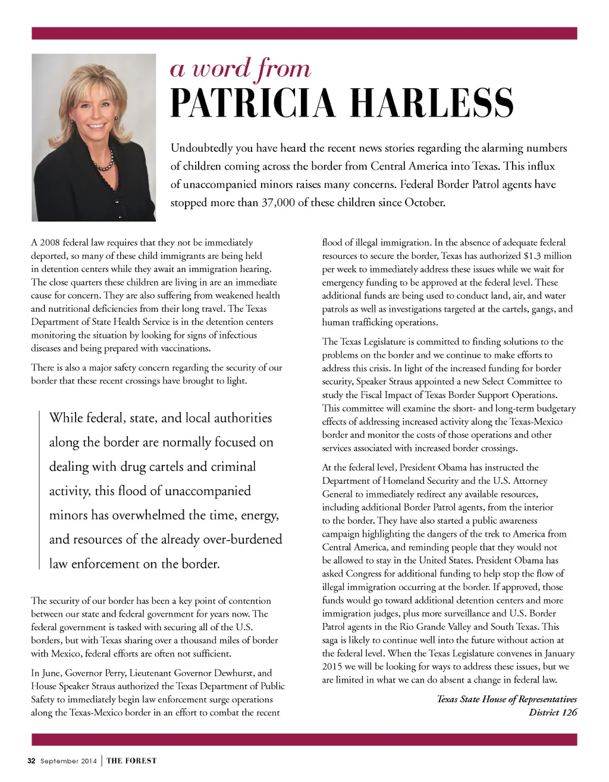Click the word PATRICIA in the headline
point(253,103)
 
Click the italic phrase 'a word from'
point(240,69)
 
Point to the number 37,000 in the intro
point(278,202)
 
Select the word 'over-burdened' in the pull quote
point(243,539)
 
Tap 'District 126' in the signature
point(553,712)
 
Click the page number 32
point(32,761)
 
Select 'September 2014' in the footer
point(68,761)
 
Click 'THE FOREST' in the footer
point(131,761)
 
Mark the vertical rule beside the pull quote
point(39,490)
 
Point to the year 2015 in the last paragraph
point(332,667)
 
